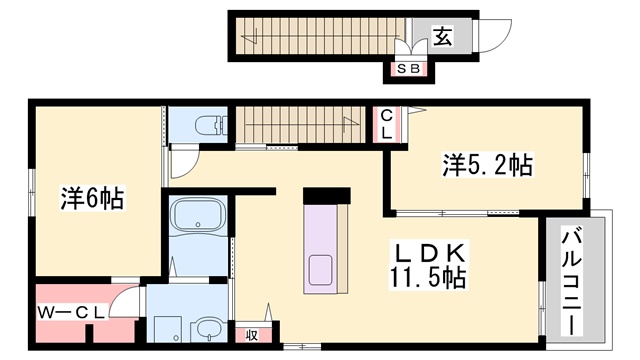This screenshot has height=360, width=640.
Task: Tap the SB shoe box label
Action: coord(409,69)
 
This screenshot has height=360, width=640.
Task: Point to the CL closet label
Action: coord(384,125)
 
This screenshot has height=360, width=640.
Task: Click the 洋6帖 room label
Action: coord(91,197)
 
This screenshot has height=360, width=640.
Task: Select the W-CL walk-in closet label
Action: coord(72,312)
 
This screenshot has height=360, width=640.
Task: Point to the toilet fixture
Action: coord(207,127)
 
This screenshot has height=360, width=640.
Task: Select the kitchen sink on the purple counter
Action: coord(323,270)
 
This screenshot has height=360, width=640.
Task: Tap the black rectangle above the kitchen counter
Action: coord(325,194)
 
